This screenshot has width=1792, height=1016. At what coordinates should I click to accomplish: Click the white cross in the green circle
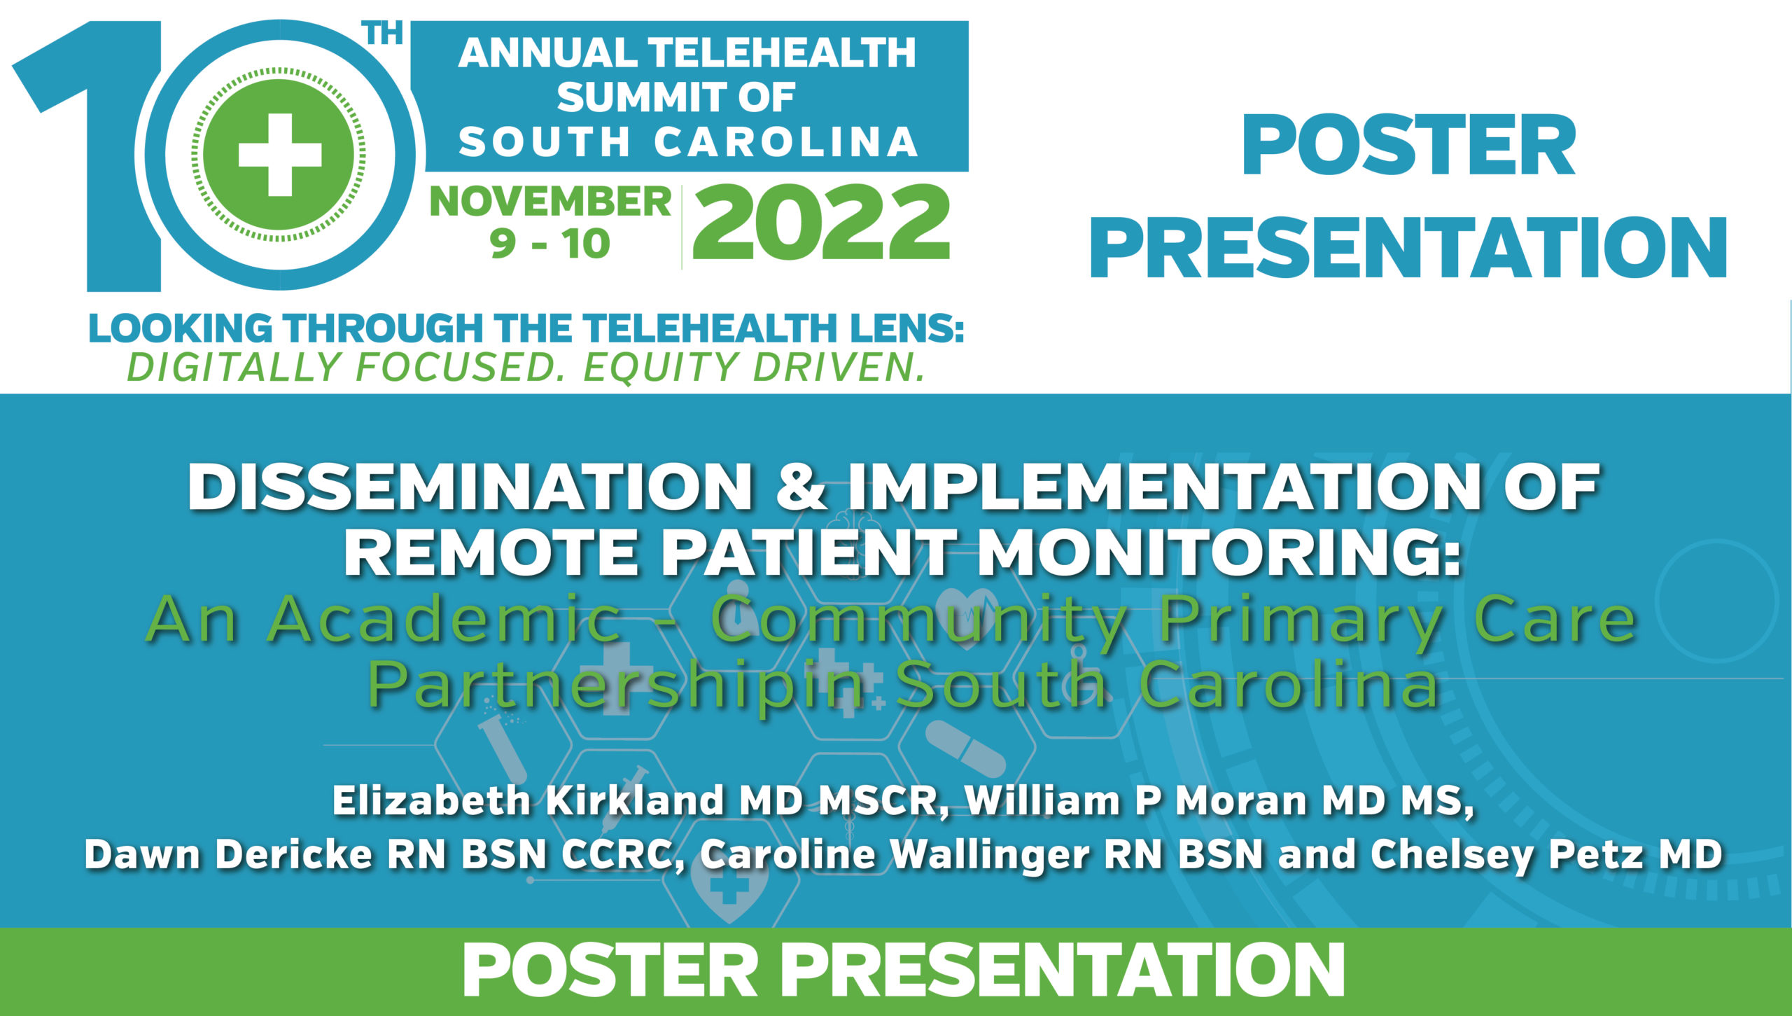coord(280,155)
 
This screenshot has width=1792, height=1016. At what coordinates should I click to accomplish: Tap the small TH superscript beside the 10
coord(385,33)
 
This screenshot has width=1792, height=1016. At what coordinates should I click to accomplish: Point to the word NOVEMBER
coord(551,202)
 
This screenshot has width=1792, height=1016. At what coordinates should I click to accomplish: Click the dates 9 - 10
coord(549,244)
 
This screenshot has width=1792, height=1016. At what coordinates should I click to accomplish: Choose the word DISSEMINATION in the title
coord(470,488)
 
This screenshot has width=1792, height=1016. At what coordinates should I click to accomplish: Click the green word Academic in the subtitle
coord(445,619)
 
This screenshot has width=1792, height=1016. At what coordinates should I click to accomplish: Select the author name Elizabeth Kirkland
coord(528,801)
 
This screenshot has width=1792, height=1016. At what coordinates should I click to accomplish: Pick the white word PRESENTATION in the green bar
coord(1063,971)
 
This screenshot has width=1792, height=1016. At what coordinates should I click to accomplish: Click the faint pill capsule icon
coord(966,750)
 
